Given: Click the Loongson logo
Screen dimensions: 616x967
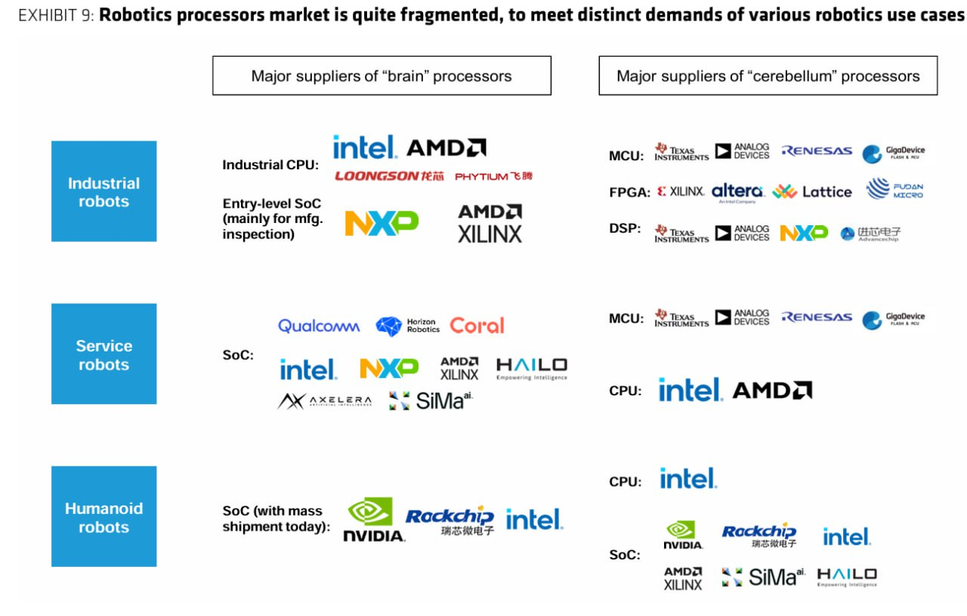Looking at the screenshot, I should (388, 176).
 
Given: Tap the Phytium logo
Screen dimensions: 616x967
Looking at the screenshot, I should (493, 176).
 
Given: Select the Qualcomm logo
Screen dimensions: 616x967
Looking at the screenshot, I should (319, 326).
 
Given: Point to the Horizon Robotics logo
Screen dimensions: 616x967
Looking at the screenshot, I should (408, 326).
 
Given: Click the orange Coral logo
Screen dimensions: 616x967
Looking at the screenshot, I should (477, 326).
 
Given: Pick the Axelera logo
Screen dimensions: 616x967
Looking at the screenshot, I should (325, 401).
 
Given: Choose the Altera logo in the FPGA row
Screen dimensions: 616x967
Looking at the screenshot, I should (737, 192).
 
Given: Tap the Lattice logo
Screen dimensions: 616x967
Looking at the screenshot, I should (812, 192).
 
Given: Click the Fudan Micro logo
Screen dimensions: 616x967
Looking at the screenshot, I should (895, 190).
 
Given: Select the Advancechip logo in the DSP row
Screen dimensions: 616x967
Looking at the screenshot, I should (871, 234).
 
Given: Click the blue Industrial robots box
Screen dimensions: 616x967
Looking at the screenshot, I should (104, 191).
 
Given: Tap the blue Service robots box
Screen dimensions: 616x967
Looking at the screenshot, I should (104, 354).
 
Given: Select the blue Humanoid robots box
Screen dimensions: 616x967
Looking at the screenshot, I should (104, 517).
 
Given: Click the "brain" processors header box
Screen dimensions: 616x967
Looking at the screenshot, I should (382, 76).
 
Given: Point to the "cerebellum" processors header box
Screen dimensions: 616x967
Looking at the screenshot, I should (768, 76).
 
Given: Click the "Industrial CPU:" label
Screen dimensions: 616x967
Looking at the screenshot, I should (270, 165).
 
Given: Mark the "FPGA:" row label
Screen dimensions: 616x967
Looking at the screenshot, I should (629, 193).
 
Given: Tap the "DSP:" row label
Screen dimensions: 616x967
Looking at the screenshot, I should (626, 228).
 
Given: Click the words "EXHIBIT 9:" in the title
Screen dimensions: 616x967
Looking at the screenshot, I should (56, 16).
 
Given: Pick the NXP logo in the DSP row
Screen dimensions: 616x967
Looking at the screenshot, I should (804, 234).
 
